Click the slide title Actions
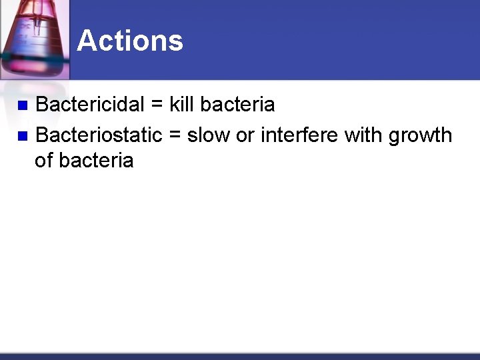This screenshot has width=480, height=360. point(129,41)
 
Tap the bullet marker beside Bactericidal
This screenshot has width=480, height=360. point(22,105)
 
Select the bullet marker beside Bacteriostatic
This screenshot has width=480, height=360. point(22,136)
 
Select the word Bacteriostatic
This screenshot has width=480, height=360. point(99,135)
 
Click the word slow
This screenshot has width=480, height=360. point(209,135)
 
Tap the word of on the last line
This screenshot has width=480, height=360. point(44,161)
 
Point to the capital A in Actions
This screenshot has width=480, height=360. point(87,41)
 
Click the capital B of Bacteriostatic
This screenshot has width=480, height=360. point(42,135)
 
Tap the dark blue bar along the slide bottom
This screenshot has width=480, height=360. point(240,356)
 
